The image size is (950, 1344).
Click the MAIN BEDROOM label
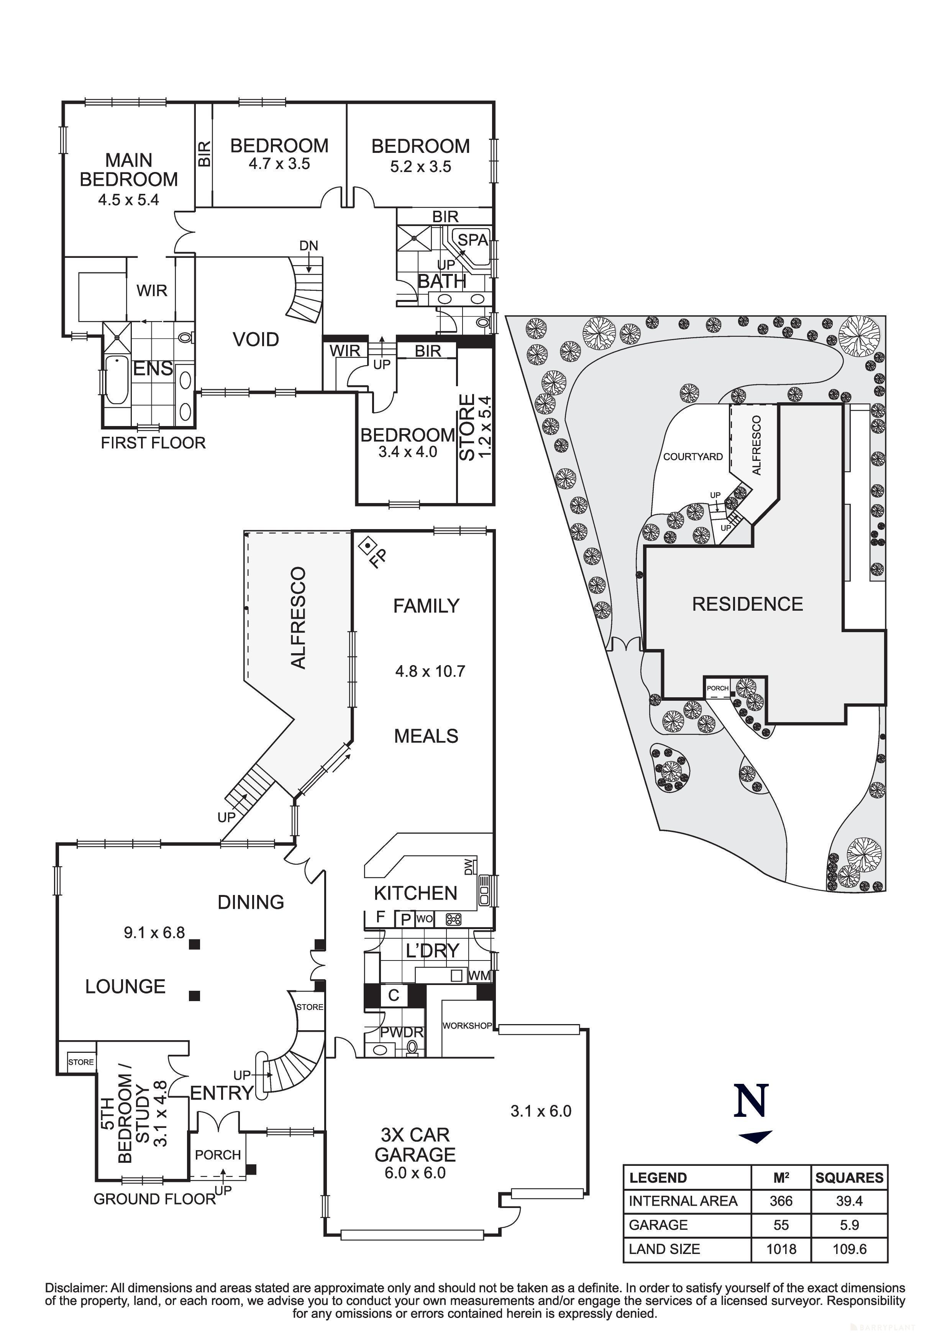click(128, 170)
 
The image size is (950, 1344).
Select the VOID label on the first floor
click(256, 339)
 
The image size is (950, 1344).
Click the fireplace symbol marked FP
click(367, 546)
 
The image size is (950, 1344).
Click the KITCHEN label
click(415, 893)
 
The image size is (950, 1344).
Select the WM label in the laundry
click(479, 976)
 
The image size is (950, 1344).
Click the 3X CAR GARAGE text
click(415, 1145)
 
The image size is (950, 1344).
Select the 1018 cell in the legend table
click(781, 1249)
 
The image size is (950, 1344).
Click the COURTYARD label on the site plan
click(692, 457)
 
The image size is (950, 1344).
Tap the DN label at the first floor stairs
click(308, 246)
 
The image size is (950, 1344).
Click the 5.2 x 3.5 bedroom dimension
click(420, 167)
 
